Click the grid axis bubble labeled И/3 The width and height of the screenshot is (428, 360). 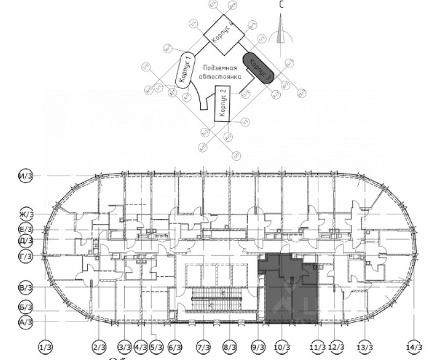click(x=25, y=176)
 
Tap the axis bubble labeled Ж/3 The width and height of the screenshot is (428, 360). click(x=26, y=214)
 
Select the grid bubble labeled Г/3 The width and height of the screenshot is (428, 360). click(x=25, y=256)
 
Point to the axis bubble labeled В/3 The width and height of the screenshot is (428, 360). click(x=26, y=289)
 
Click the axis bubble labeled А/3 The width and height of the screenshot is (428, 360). click(x=26, y=322)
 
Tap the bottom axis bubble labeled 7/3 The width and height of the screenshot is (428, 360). click(x=203, y=347)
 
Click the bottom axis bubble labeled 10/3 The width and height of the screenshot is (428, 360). click(x=284, y=347)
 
